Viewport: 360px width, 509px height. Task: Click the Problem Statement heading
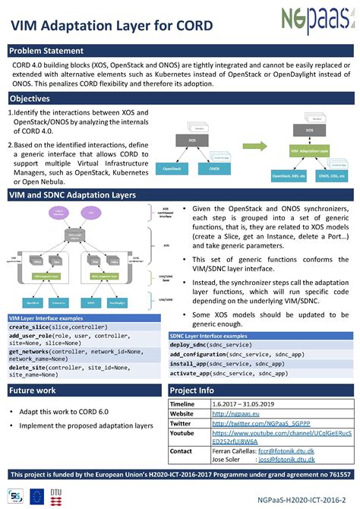click(x=46, y=50)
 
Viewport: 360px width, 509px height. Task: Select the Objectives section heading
click(x=30, y=100)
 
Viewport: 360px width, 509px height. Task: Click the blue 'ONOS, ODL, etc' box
click(x=334, y=175)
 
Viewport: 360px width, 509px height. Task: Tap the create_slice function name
click(x=29, y=305)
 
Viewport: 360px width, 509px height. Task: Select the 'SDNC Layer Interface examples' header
click(x=209, y=335)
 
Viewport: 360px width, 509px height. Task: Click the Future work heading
click(x=32, y=390)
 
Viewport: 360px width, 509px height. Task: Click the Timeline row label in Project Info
click(x=183, y=403)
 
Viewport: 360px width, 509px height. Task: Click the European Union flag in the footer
click(x=36, y=496)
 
